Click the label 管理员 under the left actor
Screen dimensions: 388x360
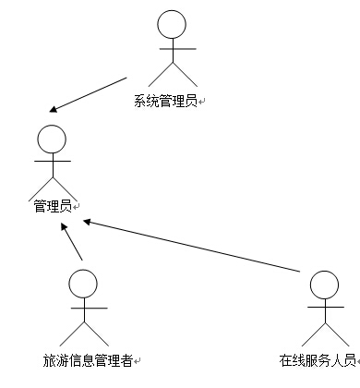tap(52, 206)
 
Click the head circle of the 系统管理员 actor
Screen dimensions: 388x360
tap(173, 24)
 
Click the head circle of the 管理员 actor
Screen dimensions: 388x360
tap(52, 139)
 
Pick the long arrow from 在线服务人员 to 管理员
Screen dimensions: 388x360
tap(194, 246)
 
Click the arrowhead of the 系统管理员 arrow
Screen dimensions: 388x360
tap(55, 109)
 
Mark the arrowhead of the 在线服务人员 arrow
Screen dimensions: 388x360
tap(88, 221)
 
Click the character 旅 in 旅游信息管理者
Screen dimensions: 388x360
tap(48, 358)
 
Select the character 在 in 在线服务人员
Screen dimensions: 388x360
tap(284, 358)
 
